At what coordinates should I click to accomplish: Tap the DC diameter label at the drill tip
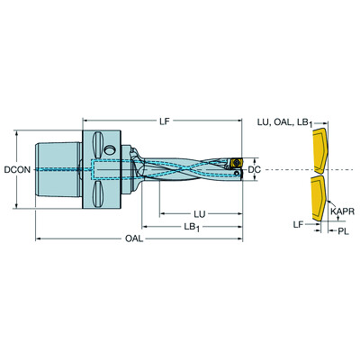255,169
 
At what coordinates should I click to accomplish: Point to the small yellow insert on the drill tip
230,164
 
